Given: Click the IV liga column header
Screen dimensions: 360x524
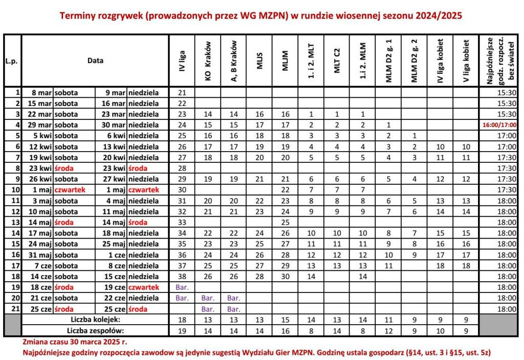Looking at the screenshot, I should pos(182,60).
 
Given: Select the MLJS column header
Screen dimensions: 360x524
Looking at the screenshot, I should pos(259,60).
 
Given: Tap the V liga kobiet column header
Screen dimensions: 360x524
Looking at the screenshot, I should pos(466,60).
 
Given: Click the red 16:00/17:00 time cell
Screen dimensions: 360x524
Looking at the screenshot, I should pos(499,125).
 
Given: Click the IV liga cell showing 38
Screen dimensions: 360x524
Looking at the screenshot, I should pos(182,276).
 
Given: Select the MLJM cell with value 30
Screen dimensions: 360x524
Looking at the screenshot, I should pos(285,276).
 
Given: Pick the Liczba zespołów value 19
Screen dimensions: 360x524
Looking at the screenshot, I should pos(182,330).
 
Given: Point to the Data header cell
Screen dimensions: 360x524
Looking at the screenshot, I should pos(95,60).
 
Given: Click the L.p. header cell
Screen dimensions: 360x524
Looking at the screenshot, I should pos(11,60).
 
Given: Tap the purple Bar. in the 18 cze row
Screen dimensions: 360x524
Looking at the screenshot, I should pos(182,287).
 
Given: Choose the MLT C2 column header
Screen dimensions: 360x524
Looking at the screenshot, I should pos(337,60).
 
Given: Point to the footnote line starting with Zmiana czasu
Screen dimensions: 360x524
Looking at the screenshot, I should pos(75,341).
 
